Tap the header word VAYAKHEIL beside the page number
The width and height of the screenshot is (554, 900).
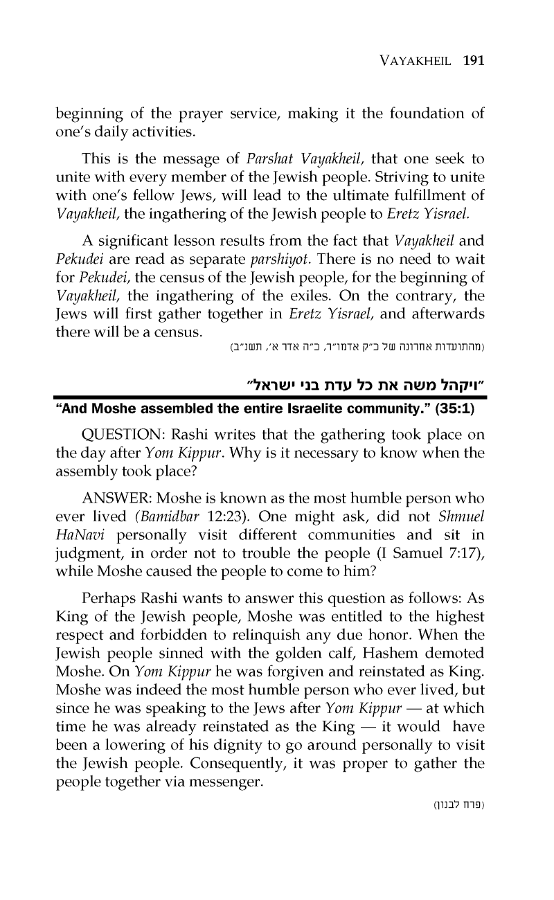pos(418,60)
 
